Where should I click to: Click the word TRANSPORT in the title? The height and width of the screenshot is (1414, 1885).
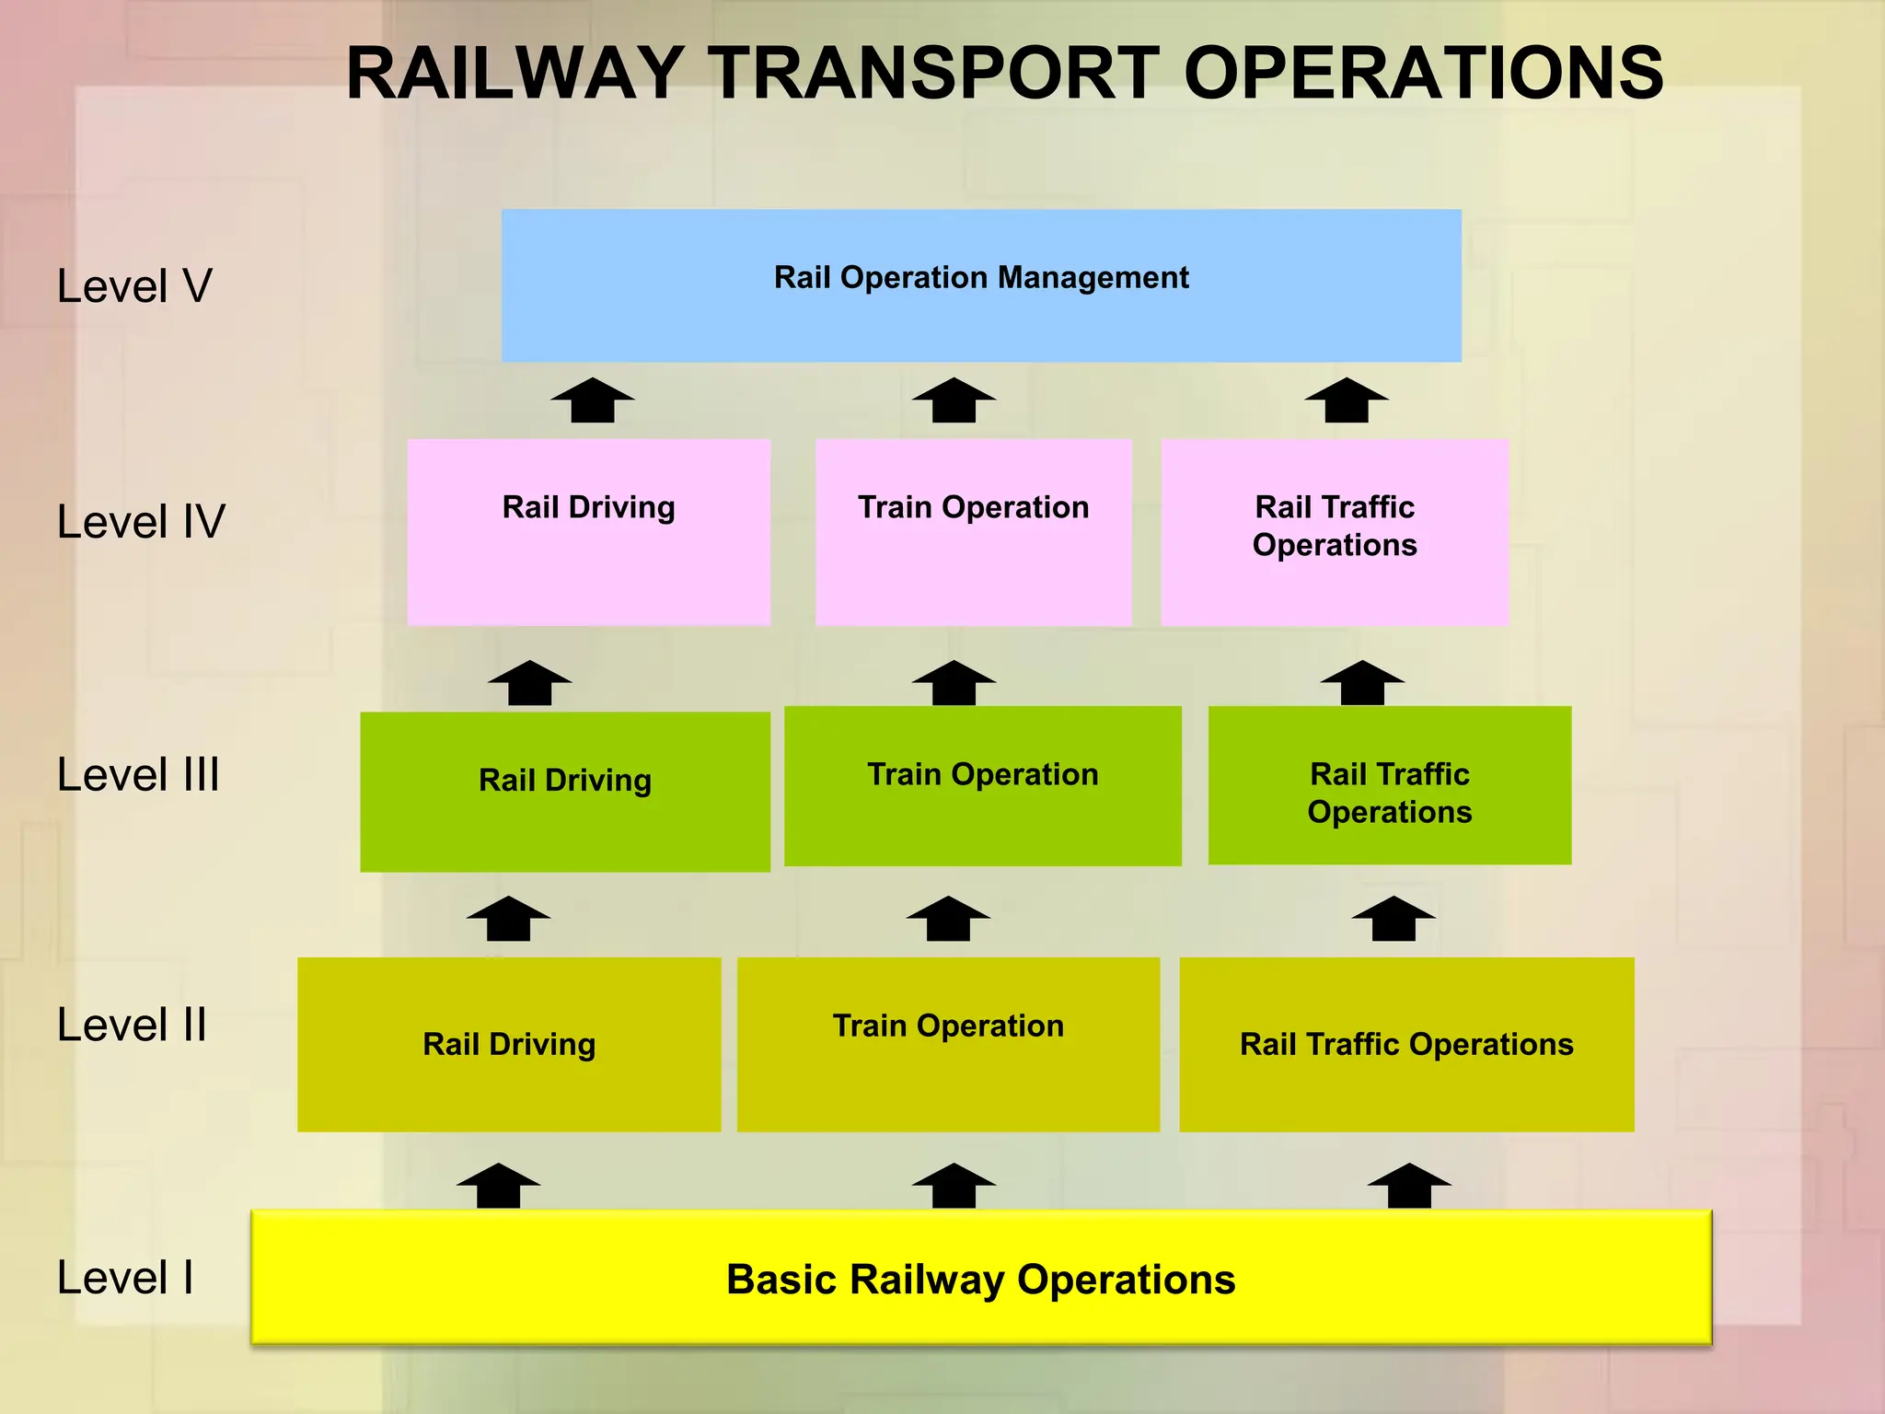tap(936, 74)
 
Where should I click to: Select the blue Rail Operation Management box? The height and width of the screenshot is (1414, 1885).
tap(981, 285)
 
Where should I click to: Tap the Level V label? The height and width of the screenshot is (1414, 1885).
tap(134, 285)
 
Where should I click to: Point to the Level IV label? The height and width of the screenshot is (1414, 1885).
tap(141, 521)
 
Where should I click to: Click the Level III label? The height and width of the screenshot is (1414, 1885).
tap(138, 774)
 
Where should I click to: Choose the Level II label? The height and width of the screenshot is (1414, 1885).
tap(132, 1025)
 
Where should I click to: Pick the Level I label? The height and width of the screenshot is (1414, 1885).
tap(125, 1278)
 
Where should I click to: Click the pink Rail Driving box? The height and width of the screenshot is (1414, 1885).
tap(589, 532)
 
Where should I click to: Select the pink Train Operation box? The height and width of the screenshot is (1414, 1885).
tap(973, 532)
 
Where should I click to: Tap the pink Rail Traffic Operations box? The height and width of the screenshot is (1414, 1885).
tap(1335, 532)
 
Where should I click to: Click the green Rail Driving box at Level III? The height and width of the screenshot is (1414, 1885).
tap(565, 791)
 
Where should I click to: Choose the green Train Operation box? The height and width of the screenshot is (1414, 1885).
tap(982, 785)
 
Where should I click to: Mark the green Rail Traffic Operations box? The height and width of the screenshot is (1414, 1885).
tap(1389, 785)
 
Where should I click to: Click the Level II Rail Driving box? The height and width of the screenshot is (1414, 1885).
tap(509, 1044)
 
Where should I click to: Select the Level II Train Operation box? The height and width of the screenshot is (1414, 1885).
tap(948, 1044)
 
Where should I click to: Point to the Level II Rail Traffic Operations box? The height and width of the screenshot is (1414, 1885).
tap(1406, 1044)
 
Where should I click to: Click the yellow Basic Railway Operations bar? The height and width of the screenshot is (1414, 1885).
tap(981, 1278)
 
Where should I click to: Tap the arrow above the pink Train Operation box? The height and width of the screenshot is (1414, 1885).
tap(954, 402)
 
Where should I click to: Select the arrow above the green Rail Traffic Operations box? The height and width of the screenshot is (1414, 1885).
tap(1362, 684)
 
